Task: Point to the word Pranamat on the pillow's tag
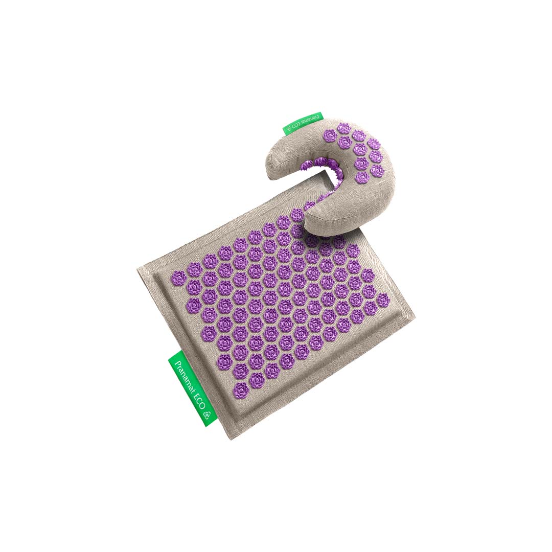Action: coord(308,122)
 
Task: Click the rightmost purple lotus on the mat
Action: coord(383,300)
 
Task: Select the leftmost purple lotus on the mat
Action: coord(178,278)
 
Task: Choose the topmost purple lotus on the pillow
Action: coord(344,128)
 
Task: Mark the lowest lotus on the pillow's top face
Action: coord(362,177)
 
